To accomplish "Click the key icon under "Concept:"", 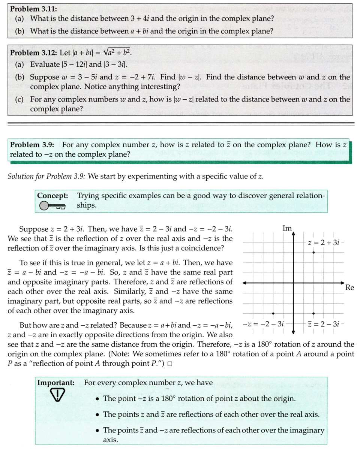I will (x=52, y=206).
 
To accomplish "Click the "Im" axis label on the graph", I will (x=287, y=228).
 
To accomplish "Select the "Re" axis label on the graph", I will (x=349, y=288).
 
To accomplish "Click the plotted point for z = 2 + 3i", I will (x=313, y=253).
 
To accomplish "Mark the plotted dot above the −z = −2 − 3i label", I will (x=273, y=313).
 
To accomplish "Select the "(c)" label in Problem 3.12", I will (x=20, y=99).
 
